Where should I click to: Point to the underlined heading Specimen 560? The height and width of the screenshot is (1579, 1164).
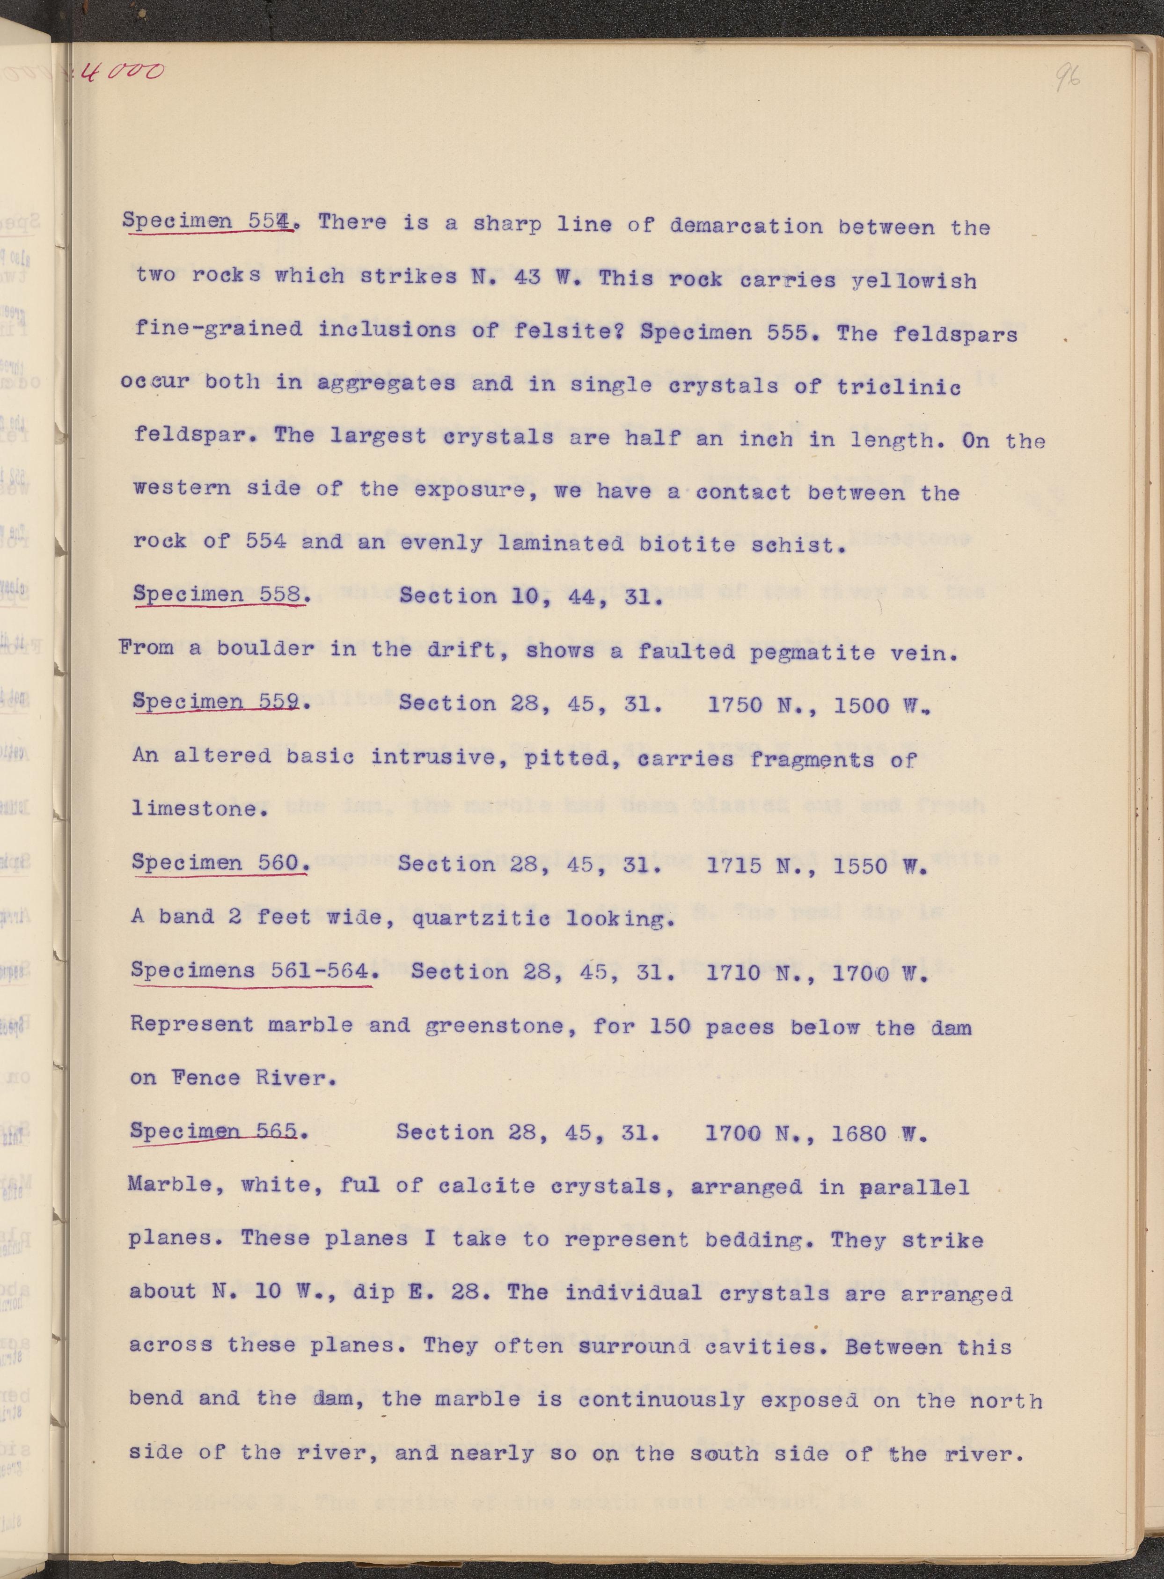219,863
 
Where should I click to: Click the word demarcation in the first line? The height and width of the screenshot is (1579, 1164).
746,226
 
